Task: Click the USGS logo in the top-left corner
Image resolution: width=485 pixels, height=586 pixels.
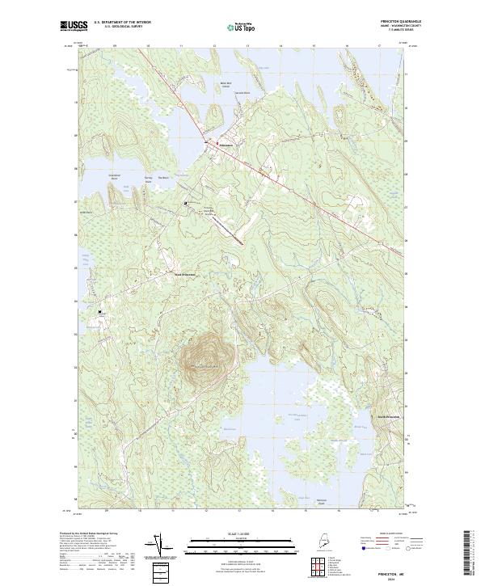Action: pos(72,26)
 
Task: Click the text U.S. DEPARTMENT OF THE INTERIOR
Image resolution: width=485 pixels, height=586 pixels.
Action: pos(123,23)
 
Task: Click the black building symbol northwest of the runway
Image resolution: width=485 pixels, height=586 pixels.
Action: pos(185,203)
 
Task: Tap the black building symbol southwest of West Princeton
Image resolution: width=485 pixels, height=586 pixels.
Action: pos(101,312)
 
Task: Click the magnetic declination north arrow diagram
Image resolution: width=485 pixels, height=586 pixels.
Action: pos(156,545)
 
